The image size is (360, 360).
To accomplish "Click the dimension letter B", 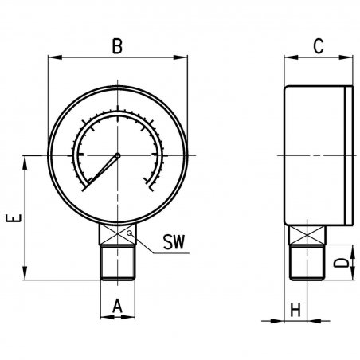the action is [x=117, y=46].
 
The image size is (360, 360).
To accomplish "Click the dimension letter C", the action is [x=319, y=46].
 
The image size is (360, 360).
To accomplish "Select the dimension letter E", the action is [x=14, y=218].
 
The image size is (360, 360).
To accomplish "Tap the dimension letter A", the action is [x=117, y=306].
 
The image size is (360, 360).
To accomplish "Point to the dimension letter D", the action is [x=341, y=262].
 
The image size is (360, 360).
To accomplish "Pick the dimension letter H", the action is [x=295, y=310].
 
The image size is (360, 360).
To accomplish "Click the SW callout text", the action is [x=174, y=242].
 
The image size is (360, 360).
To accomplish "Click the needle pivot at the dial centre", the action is [x=118, y=155].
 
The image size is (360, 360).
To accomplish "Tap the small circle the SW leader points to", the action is [x=130, y=233].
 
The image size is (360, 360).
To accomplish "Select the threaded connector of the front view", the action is [x=118, y=263].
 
